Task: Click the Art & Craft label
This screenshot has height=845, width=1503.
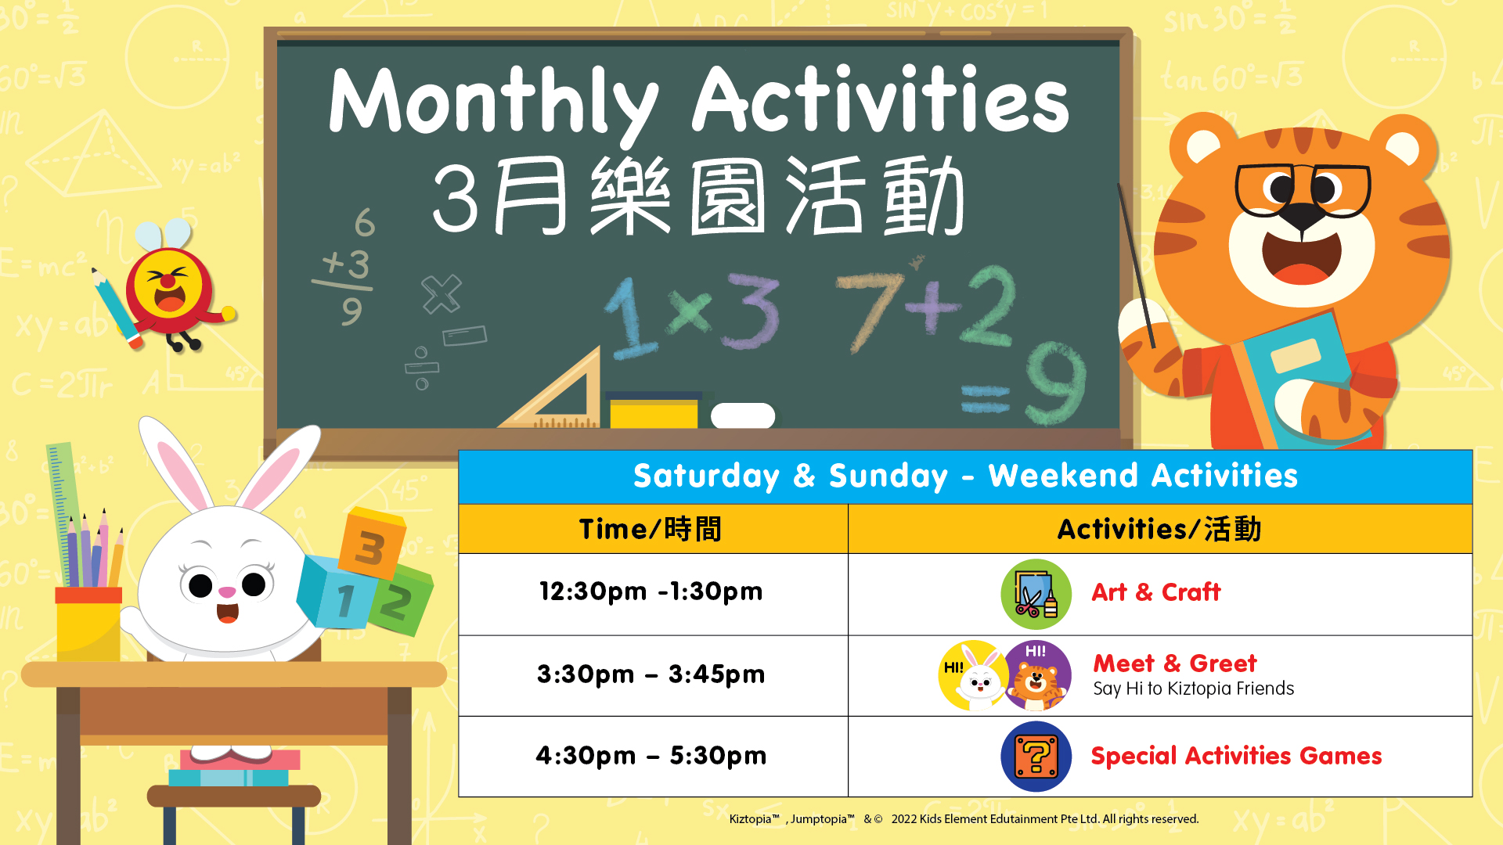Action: click(x=1155, y=592)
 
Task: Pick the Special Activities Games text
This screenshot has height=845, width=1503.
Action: click(x=1236, y=756)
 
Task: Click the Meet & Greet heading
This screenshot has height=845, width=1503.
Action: click(x=1174, y=663)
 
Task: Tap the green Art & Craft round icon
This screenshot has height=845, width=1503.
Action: click(x=1036, y=594)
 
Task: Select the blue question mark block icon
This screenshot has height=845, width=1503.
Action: click(x=1036, y=757)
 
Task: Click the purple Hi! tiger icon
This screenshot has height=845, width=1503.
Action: click(x=1037, y=675)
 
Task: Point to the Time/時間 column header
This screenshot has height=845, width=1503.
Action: click(x=651, y=529)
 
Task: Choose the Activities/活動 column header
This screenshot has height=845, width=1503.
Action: click(x=1160, y=529)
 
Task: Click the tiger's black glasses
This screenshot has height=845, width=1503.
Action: click(x=1303, y=189)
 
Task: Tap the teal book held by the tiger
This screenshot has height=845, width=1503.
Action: click(x=1299, y=376)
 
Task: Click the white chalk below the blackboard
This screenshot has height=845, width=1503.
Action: click(x=743, y=415)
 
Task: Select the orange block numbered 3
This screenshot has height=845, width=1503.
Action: click(x=372, y=543)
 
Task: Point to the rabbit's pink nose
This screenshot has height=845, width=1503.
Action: click(x=227, y=591)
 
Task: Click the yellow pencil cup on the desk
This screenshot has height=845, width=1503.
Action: click(x=88, y=624)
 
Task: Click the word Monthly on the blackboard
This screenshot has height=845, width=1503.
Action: click(x=493, y=102)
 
